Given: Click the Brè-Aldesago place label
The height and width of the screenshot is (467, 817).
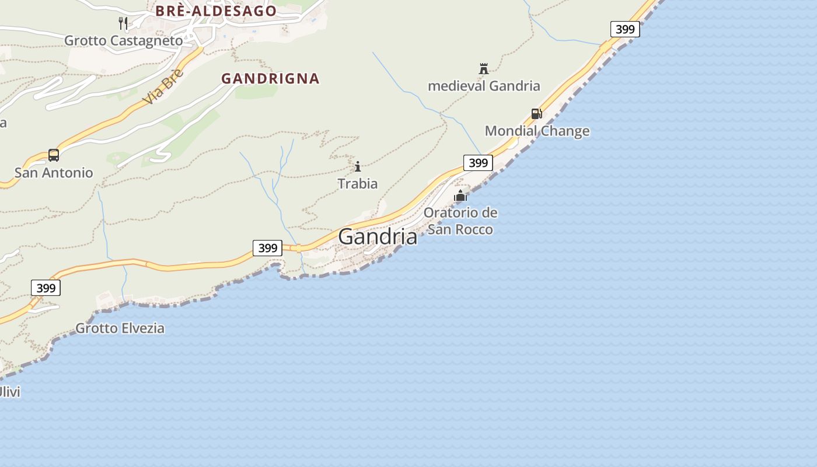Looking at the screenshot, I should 216,11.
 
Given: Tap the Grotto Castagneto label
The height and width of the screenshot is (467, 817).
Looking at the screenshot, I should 123,41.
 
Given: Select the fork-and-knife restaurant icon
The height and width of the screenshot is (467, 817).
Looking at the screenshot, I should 123,23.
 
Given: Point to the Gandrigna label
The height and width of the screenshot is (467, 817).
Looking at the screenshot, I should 270,78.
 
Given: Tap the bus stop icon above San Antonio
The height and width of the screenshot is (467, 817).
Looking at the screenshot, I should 54,155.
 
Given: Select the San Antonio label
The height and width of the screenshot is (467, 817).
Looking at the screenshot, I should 54,173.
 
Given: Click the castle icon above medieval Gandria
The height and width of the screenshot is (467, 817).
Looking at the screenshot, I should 483,69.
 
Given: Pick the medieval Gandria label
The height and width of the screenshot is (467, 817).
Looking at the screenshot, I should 484,86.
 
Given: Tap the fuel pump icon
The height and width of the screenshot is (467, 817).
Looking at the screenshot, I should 536,114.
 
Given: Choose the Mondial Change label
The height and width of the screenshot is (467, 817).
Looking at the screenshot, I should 537,131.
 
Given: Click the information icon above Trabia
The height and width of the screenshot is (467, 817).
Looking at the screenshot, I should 358,167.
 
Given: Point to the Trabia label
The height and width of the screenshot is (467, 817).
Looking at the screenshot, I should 358,184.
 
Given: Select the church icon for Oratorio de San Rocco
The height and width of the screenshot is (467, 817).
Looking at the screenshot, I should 460,196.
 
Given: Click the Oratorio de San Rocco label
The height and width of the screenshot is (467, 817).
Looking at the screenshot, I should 460,221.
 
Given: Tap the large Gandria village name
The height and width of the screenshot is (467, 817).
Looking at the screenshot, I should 378,236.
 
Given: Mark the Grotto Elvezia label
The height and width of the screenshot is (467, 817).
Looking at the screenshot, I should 120,328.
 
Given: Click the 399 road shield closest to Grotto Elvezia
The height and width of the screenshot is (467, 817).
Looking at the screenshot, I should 46,288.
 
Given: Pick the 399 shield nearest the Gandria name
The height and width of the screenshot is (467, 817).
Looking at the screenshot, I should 268,248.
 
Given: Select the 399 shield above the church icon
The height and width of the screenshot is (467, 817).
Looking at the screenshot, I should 478,163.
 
